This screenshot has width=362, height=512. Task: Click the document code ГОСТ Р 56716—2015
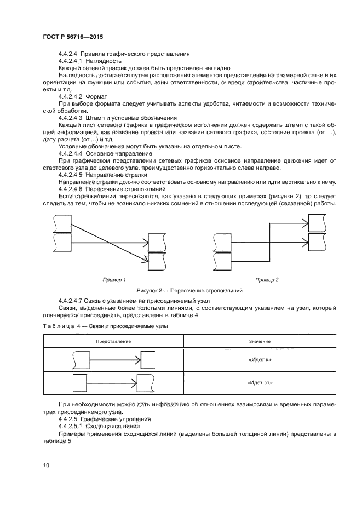(72, 37)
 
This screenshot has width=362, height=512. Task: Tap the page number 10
(46, 465)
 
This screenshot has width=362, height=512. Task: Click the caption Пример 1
(114, 280)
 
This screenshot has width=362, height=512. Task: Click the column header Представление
(113, 341)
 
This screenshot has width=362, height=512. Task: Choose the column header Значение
(260, 341)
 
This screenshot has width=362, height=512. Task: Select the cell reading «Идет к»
(260, 360)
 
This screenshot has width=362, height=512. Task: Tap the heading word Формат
(96, 96)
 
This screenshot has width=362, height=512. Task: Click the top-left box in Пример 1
(62, 223)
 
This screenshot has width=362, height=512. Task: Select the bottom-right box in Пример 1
(157, 261)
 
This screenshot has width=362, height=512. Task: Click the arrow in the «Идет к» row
(116, 360)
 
